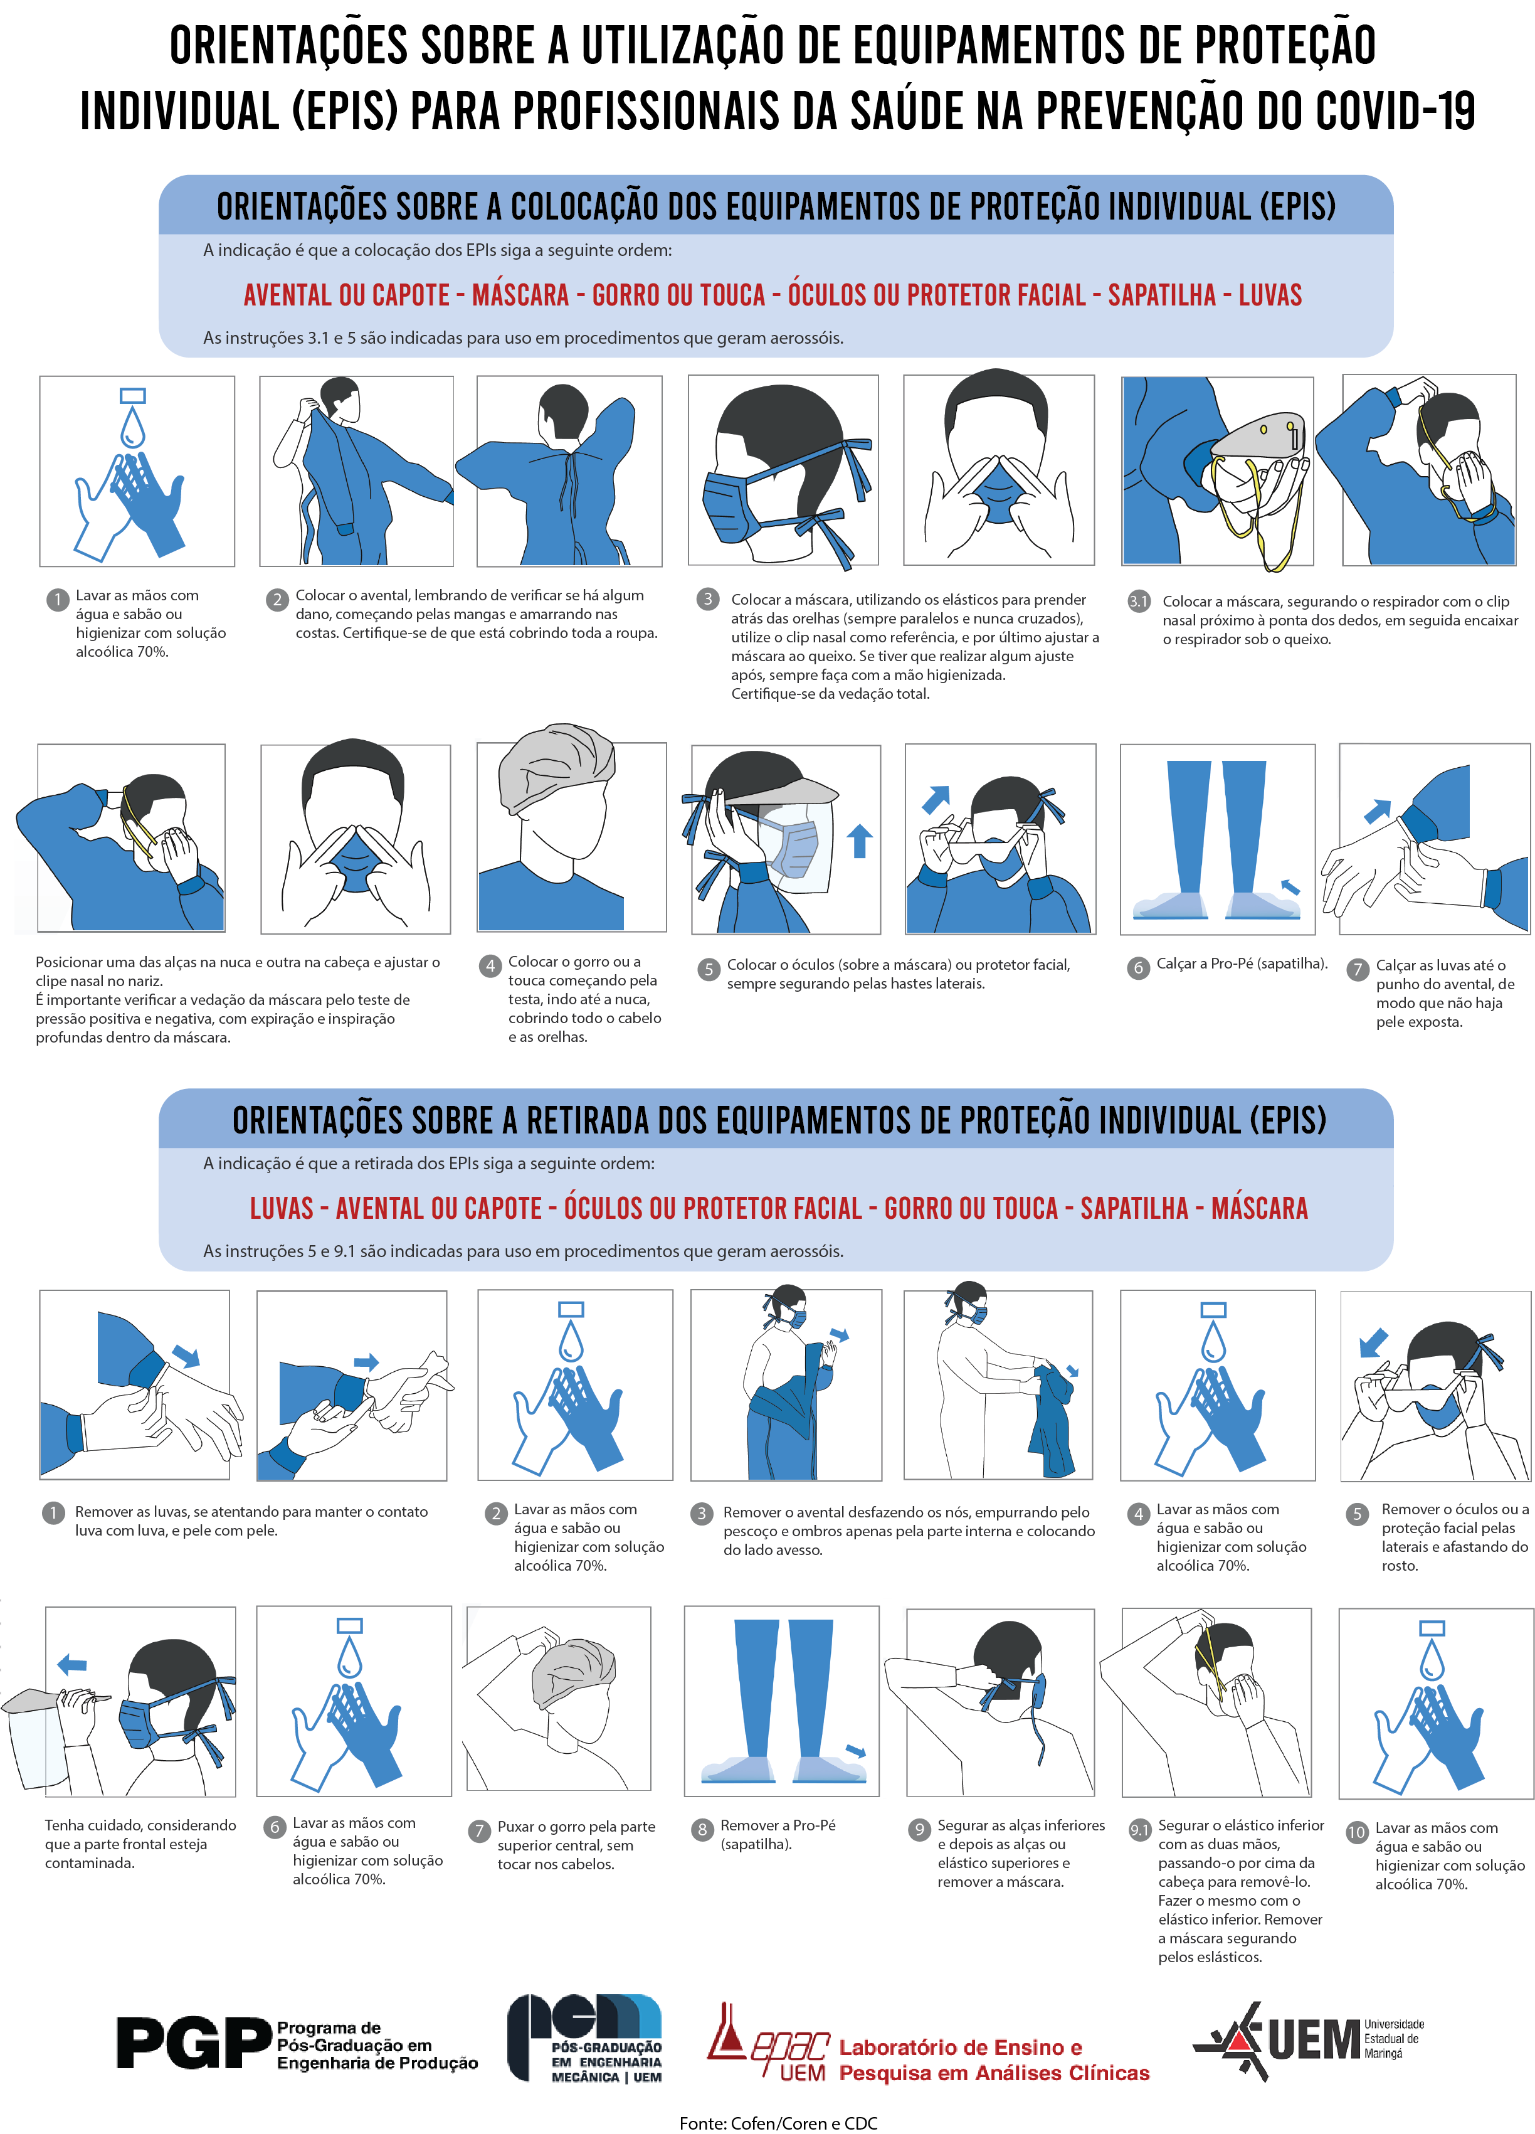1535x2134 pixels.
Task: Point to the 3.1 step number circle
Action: (1138, 600)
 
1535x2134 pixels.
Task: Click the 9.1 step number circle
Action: (1139, 1830)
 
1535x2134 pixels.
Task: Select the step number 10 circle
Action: (1356, 1832)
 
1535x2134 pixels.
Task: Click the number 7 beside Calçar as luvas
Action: (1357, 969)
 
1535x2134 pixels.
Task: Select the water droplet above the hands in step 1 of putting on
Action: (133, 427)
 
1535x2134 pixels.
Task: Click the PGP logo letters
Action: (194, 2042)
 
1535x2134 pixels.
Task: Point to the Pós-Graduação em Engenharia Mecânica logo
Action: (585, 2037)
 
